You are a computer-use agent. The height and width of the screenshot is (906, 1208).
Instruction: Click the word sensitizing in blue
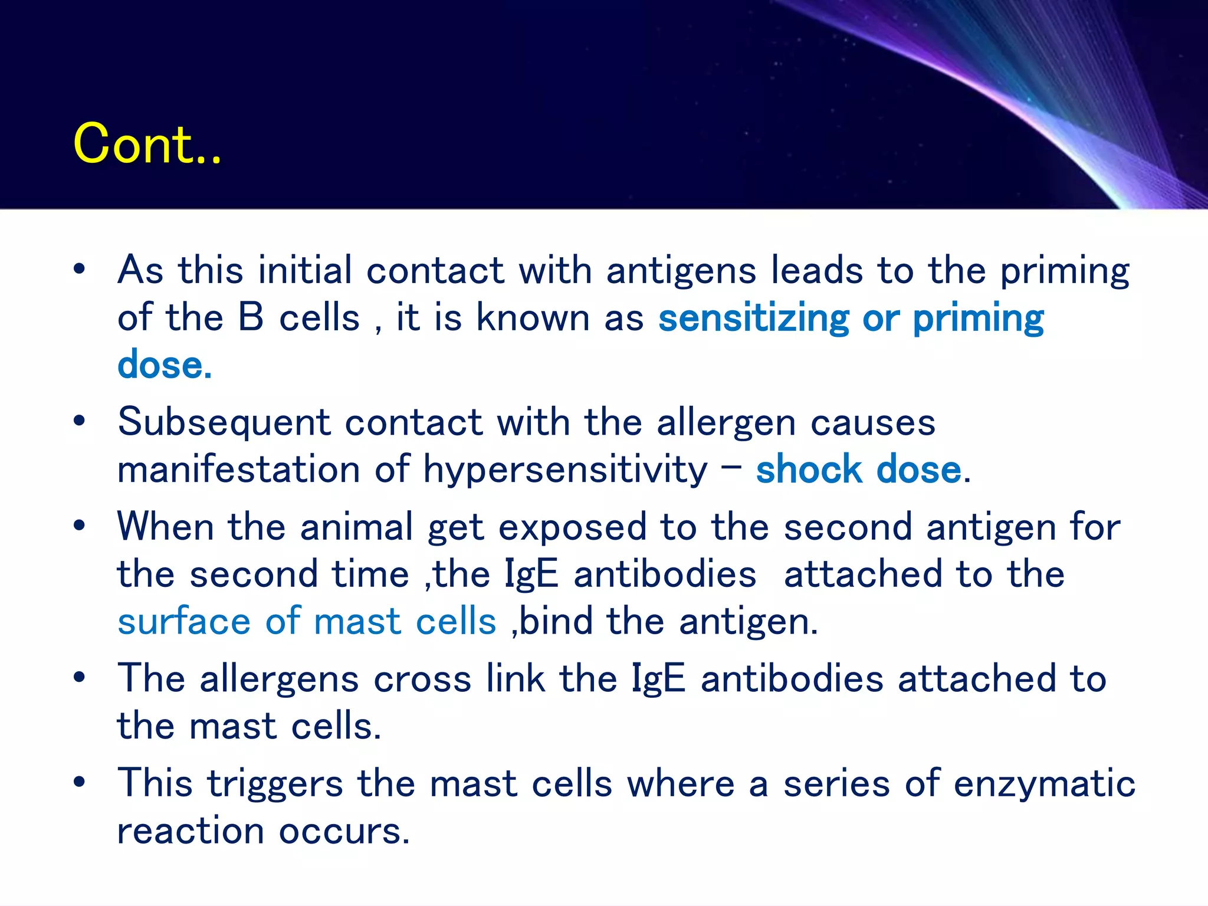(754, 319)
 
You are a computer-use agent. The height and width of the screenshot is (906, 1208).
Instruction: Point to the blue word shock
(809, 470)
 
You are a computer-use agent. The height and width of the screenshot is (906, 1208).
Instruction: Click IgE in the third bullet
(531, 575)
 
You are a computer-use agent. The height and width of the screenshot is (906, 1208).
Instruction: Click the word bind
(556, 621)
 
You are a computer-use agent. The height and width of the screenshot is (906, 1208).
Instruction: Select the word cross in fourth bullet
(422, 679)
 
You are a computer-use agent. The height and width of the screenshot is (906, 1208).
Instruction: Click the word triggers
(275, 784)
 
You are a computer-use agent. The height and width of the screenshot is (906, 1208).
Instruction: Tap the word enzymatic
(1044, 784)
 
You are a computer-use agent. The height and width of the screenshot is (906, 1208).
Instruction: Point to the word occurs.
(344, 831)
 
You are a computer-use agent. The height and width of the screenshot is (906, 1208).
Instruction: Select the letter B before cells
(251, 317)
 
